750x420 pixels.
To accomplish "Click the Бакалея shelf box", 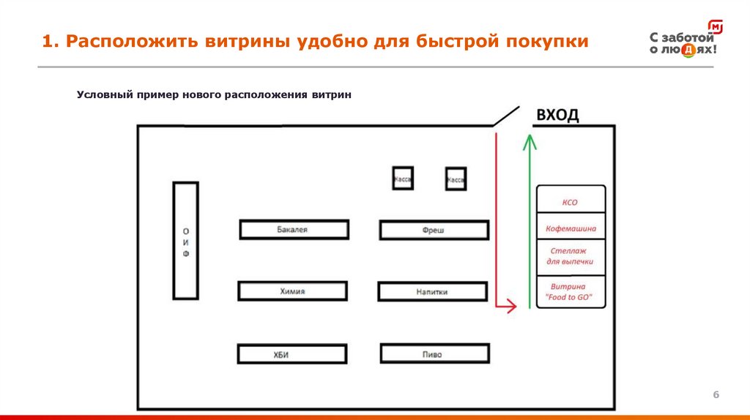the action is tap(293, 230).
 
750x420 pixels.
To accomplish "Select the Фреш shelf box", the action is tap(434, 230).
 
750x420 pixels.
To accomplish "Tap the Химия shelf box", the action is tap(292, 291).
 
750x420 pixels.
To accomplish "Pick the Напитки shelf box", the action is tap(432, 292).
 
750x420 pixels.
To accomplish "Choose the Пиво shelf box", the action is tap(433, 354).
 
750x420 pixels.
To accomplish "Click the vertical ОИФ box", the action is tap(185, 240).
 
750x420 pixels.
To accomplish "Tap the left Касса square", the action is tap(402, 179).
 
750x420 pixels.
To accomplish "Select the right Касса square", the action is tap(456, 179).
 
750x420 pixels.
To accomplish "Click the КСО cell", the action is tap(571, 200).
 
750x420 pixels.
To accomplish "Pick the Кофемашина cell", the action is tap(571, 228).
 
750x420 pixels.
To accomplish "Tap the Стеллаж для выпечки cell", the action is tap(571, 255).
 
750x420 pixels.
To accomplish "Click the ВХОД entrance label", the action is tap(557, 115).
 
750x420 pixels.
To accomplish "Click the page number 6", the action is tap(716, 395).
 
